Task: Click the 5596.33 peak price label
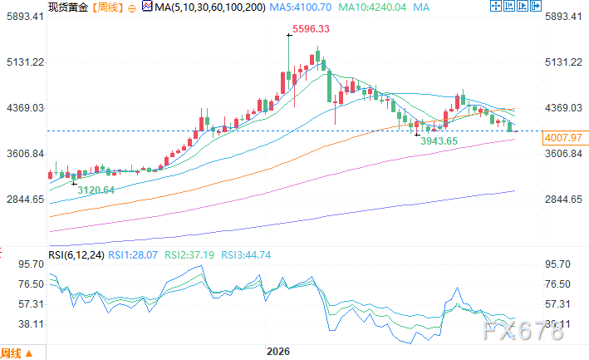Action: pos(311,29)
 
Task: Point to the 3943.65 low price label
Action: pos(439,141)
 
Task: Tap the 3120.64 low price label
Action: pos(96,190)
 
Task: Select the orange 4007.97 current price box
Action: pos(562,138)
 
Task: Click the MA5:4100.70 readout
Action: pos(301,7)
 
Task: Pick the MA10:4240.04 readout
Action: pos(372,7)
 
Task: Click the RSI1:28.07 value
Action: pos(133,255)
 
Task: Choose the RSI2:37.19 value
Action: pos(189,255)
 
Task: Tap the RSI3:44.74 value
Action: pos(246,255)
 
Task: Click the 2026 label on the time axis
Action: pos(278,352)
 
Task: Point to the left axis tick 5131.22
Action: pos(25,62)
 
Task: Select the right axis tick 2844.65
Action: pos(563,200)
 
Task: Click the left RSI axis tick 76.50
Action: pos(32,284)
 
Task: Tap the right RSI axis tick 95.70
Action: pos(557,264)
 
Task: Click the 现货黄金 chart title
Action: pos(68,7)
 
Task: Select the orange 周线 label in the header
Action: pos(107,7)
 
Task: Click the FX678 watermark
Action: pos(523,331)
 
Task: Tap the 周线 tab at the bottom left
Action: pos(11,353)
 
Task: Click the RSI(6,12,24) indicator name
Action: pos(76,255)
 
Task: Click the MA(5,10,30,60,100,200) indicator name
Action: pos(210,7)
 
